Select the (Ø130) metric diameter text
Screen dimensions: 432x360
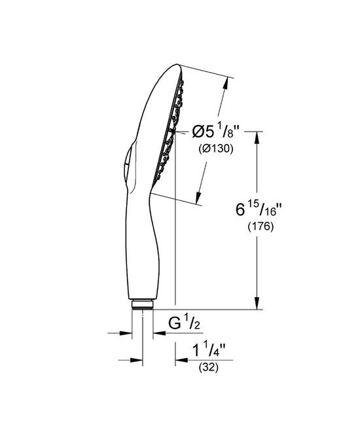pos(215,149)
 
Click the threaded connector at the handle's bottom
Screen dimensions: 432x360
pos(143,305)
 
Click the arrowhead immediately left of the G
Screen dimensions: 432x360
pos(157,333)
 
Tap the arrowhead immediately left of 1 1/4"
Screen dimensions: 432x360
pos(179,359)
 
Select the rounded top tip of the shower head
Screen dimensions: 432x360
pos(175,65)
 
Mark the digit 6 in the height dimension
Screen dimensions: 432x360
pos(241,211)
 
